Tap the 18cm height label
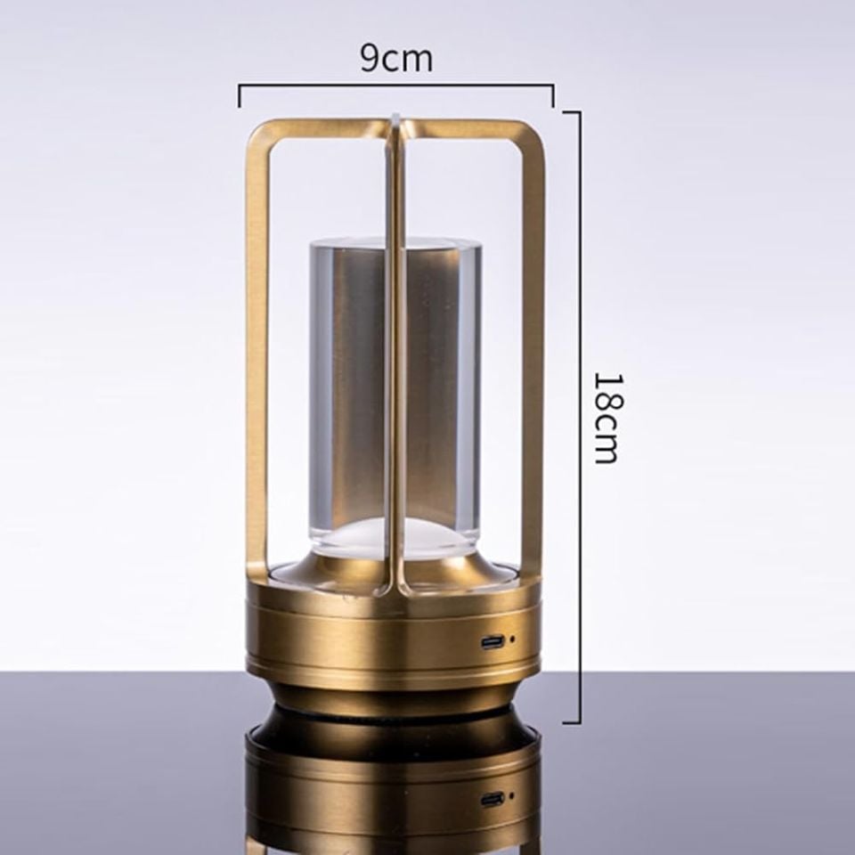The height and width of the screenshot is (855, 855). coord(607,418)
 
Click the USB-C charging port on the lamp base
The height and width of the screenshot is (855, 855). coord(493,642)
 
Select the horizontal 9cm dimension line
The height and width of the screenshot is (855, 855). coord(396,85)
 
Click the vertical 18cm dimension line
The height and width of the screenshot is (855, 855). coord(580,417)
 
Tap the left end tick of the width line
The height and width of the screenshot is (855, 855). coord(239,95)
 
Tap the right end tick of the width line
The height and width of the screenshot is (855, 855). coord(553,95)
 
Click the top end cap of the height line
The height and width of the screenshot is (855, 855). coord(572,112)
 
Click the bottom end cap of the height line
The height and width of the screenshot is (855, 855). coord(572,722)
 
